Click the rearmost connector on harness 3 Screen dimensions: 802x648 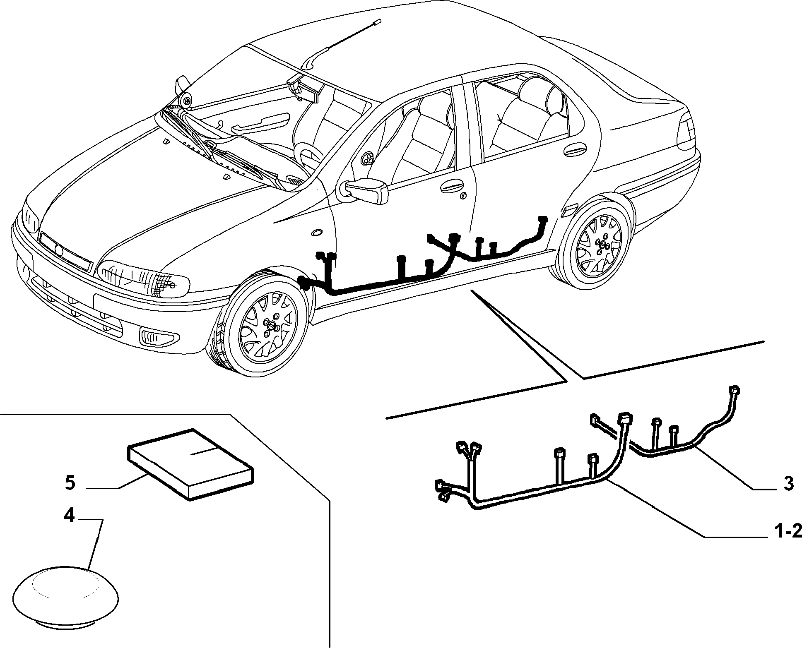click(734, 390)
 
